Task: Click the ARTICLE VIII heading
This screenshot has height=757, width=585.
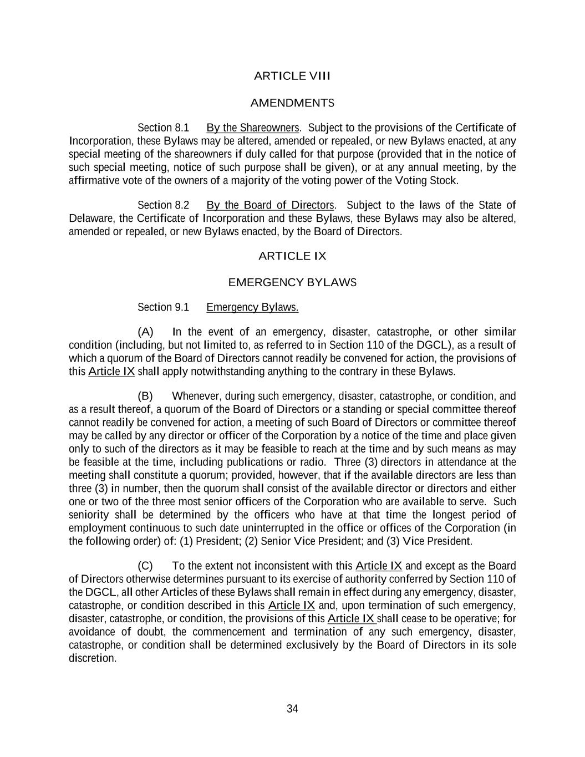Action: [x=292, y=76]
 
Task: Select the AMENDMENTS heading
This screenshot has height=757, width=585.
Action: [x=292, y=103]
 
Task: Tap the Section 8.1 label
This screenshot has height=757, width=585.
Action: [x=163, y=128]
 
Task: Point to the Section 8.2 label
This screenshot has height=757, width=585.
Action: [x=163, y=205]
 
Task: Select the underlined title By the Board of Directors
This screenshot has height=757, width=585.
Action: [x=271, y=205]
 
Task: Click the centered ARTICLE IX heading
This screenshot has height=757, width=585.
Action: [x=292, y=256]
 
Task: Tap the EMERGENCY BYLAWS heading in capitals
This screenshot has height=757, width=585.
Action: [x=292, y=283]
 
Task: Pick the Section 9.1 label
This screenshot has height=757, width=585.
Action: [x=163, y=307]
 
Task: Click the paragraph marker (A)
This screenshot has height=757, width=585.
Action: [x=145, y=332]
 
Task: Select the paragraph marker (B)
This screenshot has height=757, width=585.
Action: [x=145, y=396]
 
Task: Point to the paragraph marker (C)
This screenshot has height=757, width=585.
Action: [x=145, y=566]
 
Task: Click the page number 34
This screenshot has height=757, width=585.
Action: [x=292, y=708]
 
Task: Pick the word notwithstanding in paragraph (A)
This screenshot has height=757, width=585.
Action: [x=227, y=371]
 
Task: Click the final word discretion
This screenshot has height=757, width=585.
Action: [x=92, y=658]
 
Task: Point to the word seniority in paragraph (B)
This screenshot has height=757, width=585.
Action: [x=89, y=515]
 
